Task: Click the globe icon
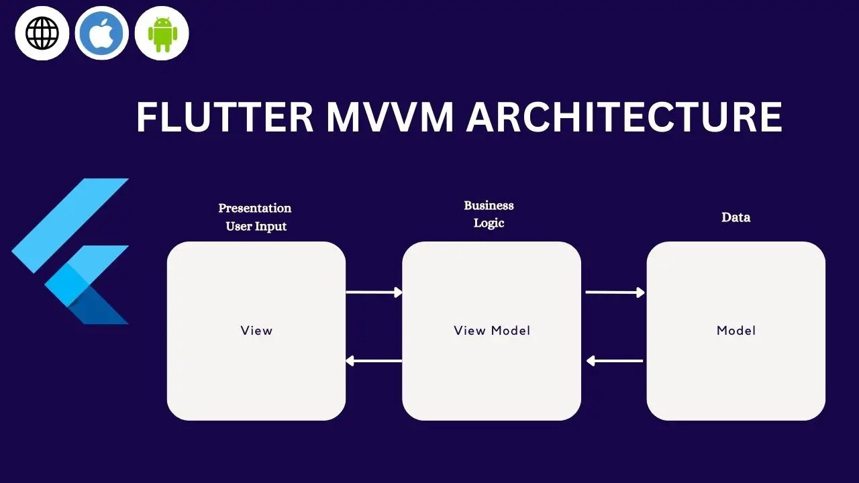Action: [x=42, y=33]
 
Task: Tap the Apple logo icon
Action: [x=102, y=33]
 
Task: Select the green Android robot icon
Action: [x=162, y=33]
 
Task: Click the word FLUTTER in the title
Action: [x=225, y=117]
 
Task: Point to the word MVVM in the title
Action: [x=390, y=117]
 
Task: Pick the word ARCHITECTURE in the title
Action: [x=624, y=117]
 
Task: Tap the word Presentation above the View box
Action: [x=255, y=208]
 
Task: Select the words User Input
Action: [x=256, y=226]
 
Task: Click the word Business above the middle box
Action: [x=489, y=205]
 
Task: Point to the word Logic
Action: [x=489, y=223]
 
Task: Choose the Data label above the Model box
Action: [x=736, y=217]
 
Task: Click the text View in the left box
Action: [x=256, y=330]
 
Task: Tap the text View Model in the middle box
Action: [x=492, y=330]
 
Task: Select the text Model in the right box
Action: [x=736, y=330]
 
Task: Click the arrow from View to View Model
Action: [x=374, y=292]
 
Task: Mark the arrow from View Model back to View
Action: [x=374, y=361]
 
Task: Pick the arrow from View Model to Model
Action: [x=615, y=292]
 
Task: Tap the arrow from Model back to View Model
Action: [x=615, y=361]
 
